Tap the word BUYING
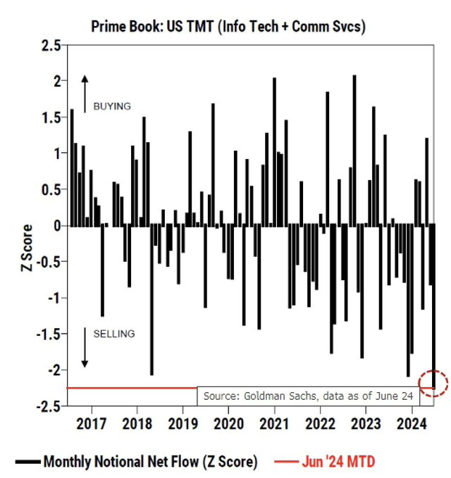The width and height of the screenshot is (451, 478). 107,106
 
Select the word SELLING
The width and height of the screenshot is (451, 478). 110,333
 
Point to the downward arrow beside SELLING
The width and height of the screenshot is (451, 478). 85,346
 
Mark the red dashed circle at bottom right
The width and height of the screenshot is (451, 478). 433,383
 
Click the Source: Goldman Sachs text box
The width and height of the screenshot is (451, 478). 308,396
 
